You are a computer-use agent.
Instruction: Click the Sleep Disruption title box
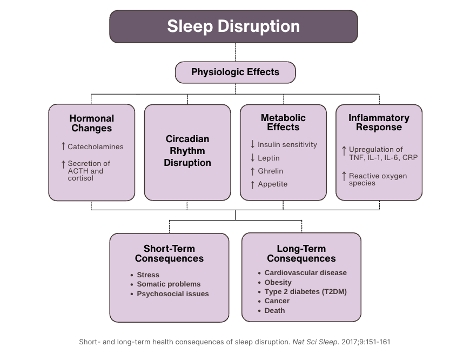tap(233, 26)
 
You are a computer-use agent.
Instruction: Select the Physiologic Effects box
tap(235, 72)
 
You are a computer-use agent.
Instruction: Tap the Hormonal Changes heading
tap(91, 123)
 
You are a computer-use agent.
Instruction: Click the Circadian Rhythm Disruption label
tap(187, 151)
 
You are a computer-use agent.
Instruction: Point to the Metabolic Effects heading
tap(283, 122)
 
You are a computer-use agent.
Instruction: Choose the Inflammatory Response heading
tap(379, 123)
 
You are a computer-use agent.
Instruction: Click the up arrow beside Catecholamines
tap(63, 146)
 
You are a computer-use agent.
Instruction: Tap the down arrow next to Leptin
tap(252, 158)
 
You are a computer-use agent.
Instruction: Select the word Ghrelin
tap(270, 171)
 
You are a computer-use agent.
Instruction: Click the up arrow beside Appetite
tap(252, 184)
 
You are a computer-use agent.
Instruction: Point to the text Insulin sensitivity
tap(287, 145)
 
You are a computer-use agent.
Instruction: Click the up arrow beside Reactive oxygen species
tap(344, 176)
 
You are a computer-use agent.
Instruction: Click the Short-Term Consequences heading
tap(169, 254)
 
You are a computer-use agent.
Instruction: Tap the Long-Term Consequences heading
tap(301, 254)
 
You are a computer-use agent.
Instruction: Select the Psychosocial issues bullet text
tap(173, 294)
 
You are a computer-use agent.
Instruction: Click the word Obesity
tap(278, 282)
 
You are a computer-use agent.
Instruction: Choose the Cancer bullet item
tap(277, 301)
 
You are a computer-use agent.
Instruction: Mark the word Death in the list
tap(274, 311)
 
